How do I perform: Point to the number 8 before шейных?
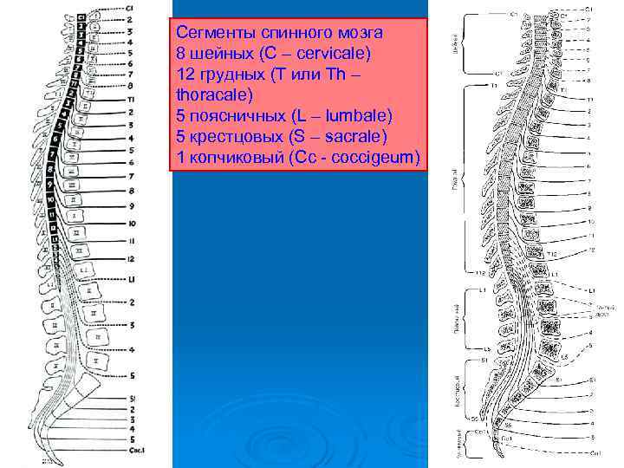point(181,53)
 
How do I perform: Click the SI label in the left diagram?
point(132,399)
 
